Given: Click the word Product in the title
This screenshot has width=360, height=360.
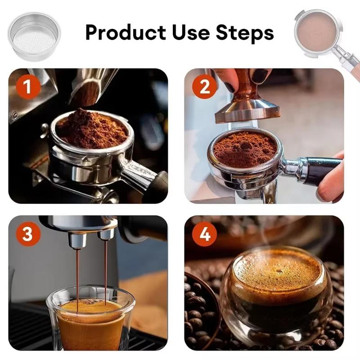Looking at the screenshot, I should tap(126, 32).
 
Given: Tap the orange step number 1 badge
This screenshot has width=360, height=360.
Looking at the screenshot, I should tap(28, 87).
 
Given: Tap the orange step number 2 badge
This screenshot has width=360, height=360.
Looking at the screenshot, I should tap(204, 87).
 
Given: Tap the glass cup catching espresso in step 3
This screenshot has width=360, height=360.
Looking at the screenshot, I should tap(90, 319).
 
